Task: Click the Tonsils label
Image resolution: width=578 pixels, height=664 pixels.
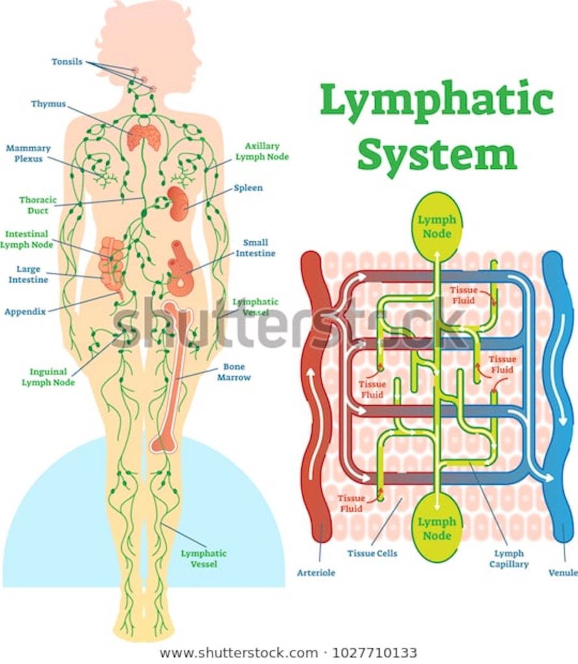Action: [67, 62]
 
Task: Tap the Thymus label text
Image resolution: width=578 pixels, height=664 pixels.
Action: [49, 104]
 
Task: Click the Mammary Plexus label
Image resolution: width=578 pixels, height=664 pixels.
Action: [28, 153]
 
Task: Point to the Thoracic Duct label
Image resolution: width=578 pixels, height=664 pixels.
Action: [38, 205]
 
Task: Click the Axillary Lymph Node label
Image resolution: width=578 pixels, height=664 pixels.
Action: [262, 152]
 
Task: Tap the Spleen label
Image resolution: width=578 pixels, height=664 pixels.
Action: [248, 188]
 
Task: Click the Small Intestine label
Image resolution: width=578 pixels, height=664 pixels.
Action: [255, 248]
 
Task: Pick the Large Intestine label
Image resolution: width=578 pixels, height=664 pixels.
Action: [28, 274]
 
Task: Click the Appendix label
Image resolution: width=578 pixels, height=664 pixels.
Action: [25, 311]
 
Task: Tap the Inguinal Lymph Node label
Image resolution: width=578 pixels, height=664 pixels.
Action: [48, 377]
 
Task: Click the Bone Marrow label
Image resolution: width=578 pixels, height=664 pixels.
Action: [233, 372]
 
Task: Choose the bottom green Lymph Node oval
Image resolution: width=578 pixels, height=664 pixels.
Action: [437, 528]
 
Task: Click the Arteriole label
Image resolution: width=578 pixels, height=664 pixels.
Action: [316, 573]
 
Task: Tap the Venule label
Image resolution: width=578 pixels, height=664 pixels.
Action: [562, 573]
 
